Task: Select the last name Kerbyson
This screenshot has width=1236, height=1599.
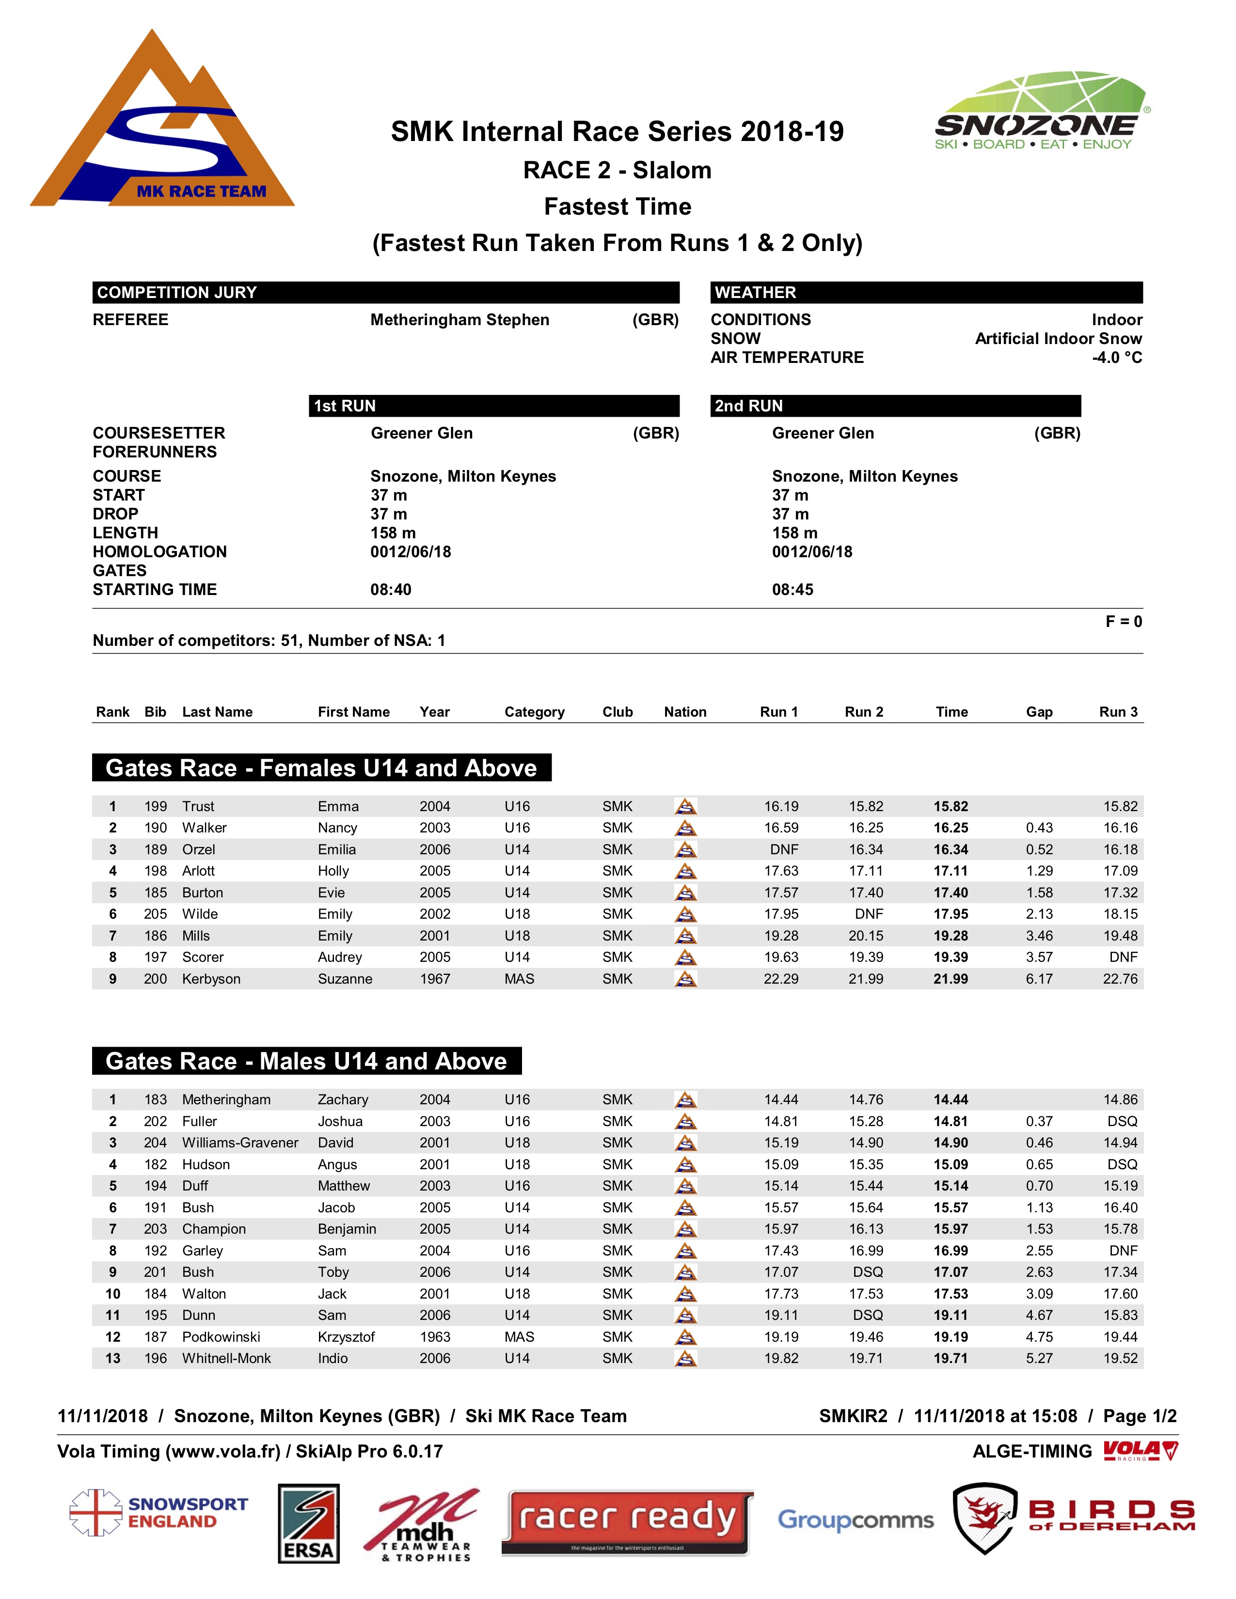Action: pyautogui.click(x=211, y=979)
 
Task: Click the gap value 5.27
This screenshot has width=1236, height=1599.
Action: pyautogui.click(x=1039, y=1358)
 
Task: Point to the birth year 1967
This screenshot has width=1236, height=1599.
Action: pyautogui.click(x=434, y=979)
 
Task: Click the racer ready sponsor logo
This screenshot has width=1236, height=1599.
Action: pyautogui.click(x=628, y=1522)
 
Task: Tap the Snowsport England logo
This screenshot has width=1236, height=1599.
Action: pyautogui.click(x=159, y=1513)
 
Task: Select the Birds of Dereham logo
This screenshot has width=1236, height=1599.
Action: pyautogui.click(x=1073, y=1517)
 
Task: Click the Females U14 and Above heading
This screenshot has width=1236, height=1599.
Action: pyautogui.click(x=321, y=768)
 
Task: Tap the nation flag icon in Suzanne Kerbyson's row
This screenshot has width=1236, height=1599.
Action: pyautogui.click(x=685, y=979)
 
